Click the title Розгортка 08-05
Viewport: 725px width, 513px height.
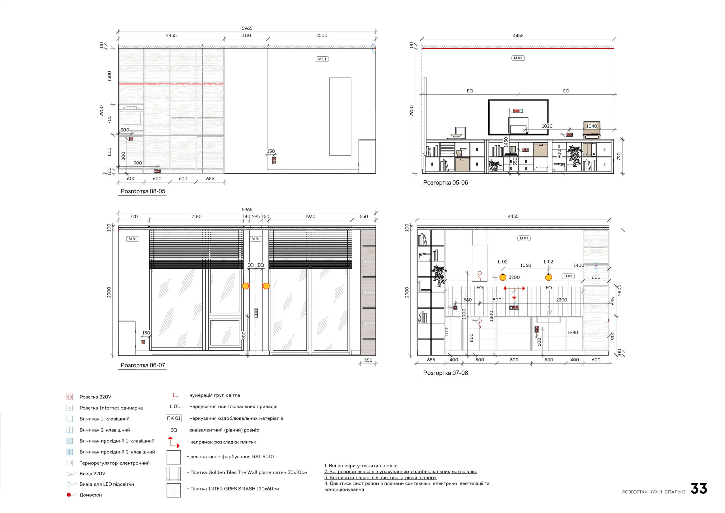[x=143, y=191]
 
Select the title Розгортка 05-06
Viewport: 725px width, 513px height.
[x=445, y=183]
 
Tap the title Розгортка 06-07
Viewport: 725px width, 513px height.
[x=143, y=365]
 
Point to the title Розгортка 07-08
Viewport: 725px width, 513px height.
[x=445, y=373]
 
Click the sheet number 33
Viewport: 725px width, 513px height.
[x=698, y=489]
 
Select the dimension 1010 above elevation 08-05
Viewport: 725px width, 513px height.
[x=246, y=35]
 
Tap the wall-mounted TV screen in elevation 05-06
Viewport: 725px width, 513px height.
[x=518, y=117]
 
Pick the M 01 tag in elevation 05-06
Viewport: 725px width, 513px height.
[x=518, y=58]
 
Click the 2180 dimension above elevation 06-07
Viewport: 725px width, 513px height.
[x=197, y=217]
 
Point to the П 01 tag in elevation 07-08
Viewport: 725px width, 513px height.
[x=568, y=276]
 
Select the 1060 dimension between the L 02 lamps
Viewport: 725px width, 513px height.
[x=526, y=266]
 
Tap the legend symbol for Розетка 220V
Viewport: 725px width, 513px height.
[x=70, y=397]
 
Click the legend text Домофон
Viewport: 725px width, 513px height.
[x=91, y=495]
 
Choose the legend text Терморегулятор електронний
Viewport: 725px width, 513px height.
[x=115, y=463]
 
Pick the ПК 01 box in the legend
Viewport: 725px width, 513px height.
[x=174, y=418]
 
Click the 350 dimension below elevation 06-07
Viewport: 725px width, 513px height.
[x=368, y=360]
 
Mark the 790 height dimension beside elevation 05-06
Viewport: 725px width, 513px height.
[x=619, y=156]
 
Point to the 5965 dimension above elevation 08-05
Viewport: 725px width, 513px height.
[x=247, y=28]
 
